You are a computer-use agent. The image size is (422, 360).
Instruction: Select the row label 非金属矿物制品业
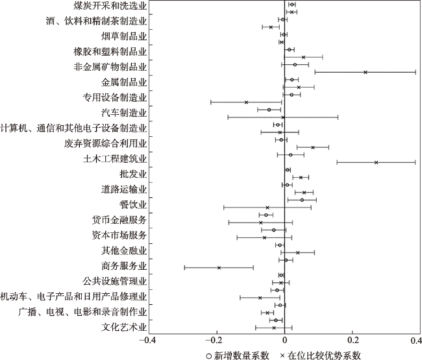[x=110, y=66]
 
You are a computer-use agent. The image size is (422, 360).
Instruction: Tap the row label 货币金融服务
[x=119, y=220]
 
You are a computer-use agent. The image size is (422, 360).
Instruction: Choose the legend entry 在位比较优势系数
[x=324, y=355]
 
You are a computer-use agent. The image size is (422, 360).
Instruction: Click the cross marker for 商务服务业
[x=219, y=267]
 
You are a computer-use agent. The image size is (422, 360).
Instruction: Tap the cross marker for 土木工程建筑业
[x=376, y=162]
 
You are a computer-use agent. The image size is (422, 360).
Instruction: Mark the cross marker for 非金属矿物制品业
[x=366, y=72]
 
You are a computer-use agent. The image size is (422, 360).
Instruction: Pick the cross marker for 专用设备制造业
[x=246, y=102]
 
